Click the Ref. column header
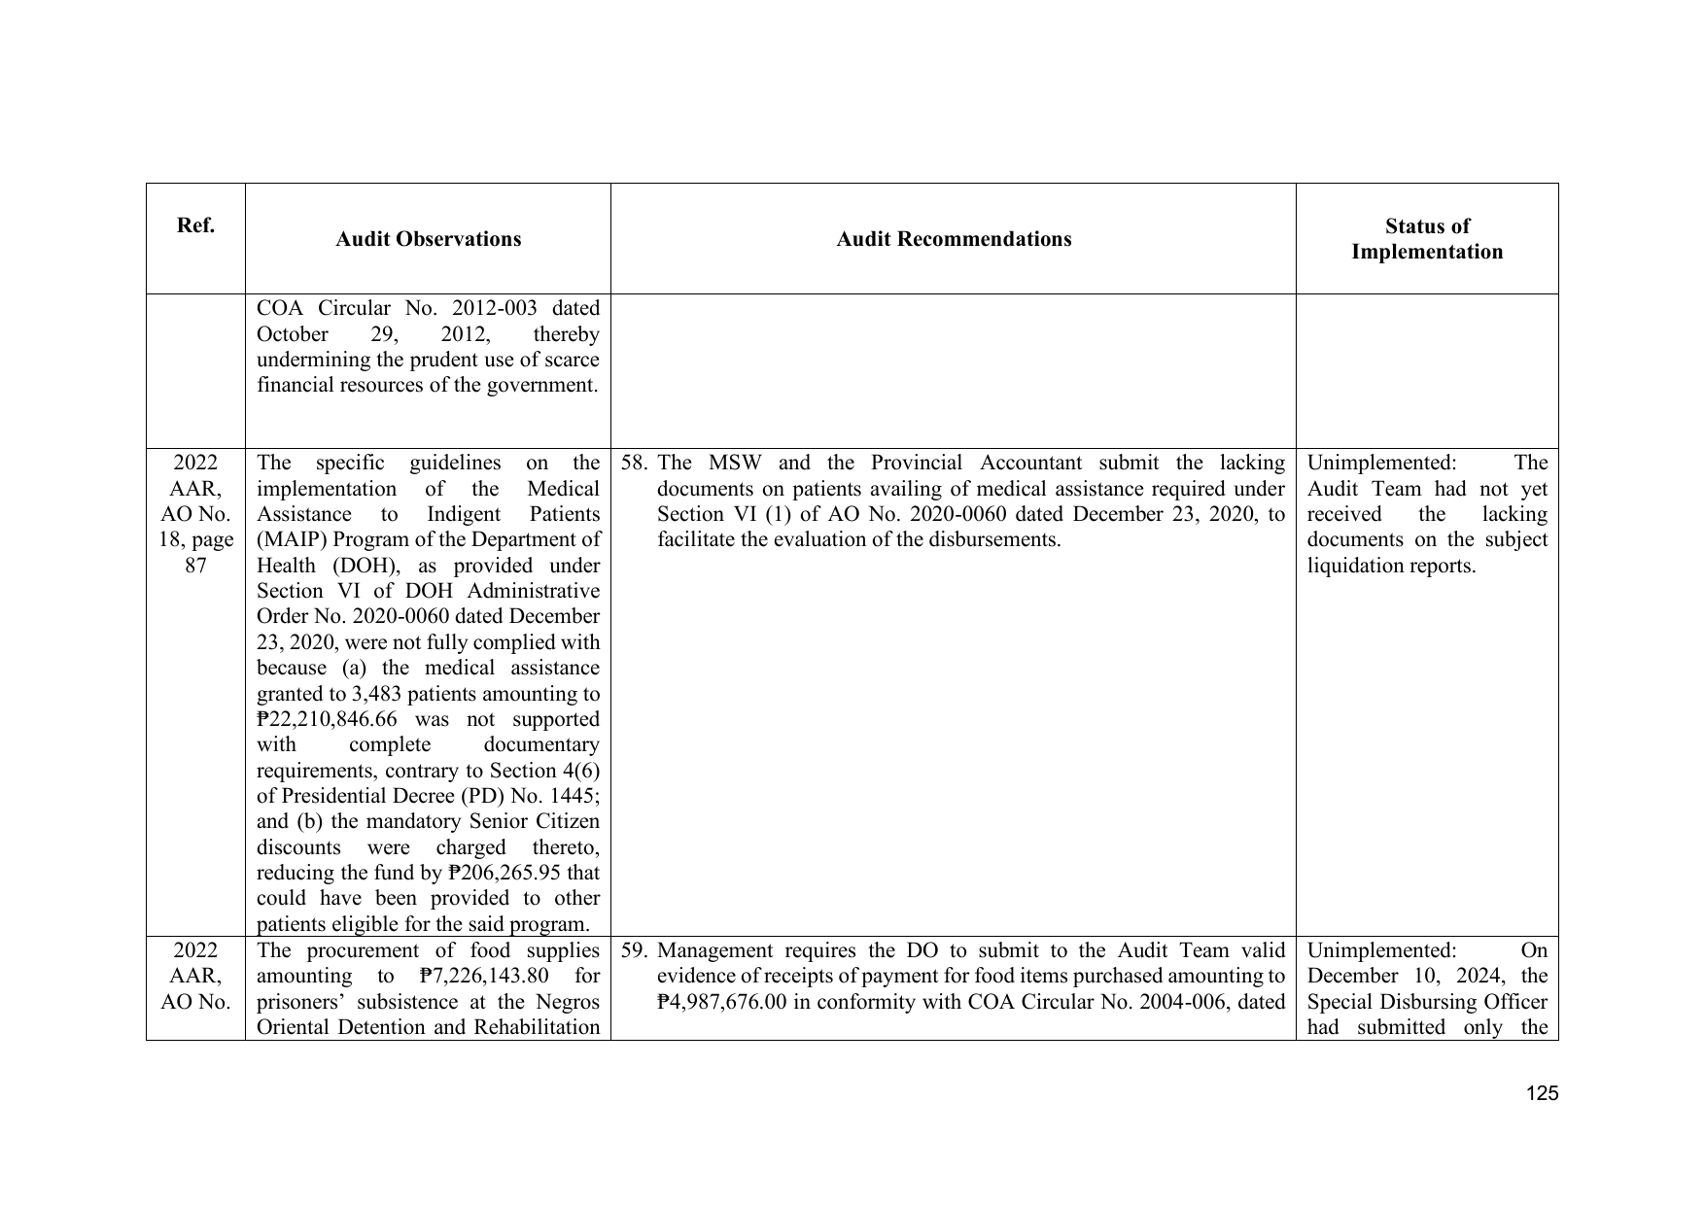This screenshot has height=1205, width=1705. click(x=195, y=225)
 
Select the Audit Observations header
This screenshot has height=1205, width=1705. click(x=428, y=239)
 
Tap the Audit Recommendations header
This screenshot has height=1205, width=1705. click(x=954, y=239)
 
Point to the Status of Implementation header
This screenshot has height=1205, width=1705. click(x=1426, y=239)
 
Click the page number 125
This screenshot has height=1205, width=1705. click(x=1542, y=1093)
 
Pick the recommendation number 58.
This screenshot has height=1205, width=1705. click(x=636, y=464)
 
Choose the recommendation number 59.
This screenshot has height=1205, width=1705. click(x=636, y=951)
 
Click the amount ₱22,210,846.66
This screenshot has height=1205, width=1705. click(x=331, y=720)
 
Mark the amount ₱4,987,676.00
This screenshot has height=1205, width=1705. click(x=722, y=1003)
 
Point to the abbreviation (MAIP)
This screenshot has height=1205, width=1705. click(x=291, y=540)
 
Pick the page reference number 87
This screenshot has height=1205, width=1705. click(x=195, y=567)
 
